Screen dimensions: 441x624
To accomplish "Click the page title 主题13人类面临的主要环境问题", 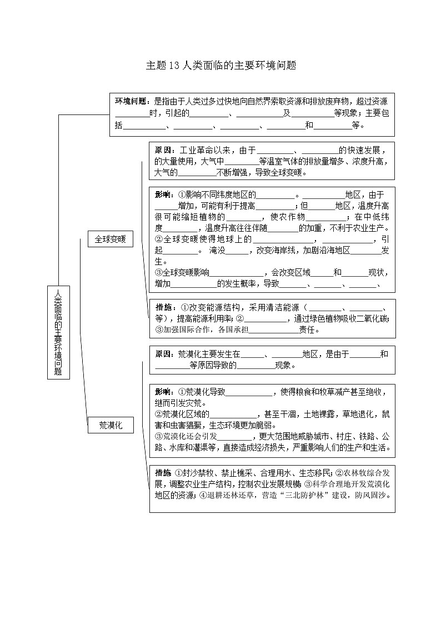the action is pyautogui.click(x=220, y=65).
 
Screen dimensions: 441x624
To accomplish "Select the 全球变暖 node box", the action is pyautogui.click(x=110, y=239).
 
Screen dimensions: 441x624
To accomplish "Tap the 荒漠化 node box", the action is pyautogui.click(x=110, y=426).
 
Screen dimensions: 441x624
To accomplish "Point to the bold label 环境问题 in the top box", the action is pyautogui.click(x=131, y=101).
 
